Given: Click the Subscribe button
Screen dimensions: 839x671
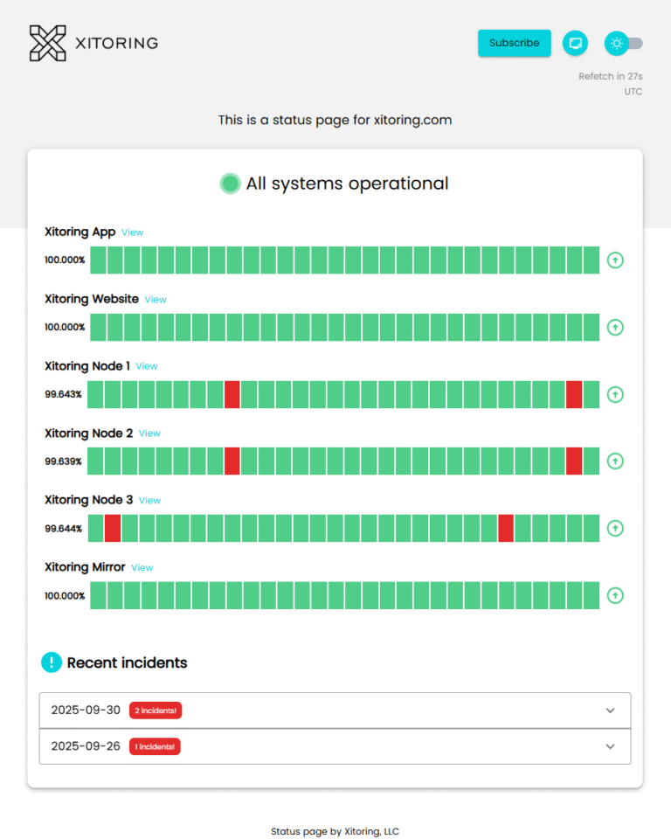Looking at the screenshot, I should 514,43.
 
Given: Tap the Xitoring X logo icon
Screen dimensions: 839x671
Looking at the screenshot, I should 47,43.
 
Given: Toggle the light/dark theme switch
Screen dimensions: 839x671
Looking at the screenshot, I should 625,43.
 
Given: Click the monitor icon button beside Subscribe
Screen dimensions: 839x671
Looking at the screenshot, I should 575,43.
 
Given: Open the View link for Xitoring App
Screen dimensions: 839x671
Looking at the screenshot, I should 132,232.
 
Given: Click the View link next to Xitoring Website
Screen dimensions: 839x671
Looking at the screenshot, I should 156,300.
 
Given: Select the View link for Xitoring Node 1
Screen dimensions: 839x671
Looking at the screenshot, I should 147,366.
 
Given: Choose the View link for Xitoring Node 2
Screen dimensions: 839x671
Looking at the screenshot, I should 149,433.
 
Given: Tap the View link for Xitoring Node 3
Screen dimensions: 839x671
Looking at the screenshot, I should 149,501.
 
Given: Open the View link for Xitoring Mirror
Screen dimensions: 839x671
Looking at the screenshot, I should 142,568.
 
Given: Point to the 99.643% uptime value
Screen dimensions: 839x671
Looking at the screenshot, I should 64,394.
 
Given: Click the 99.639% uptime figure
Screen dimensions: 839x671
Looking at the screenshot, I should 64,461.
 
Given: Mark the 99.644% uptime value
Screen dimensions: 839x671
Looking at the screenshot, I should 64,529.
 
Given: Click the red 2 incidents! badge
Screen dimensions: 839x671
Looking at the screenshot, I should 155,711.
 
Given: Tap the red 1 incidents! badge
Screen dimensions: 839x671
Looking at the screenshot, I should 155,747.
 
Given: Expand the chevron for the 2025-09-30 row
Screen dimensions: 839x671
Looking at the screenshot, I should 611,711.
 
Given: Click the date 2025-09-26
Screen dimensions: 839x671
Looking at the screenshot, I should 86,746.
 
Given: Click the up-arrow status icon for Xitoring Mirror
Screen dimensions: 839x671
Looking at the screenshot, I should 615,595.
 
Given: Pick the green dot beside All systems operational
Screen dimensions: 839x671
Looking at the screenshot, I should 230,184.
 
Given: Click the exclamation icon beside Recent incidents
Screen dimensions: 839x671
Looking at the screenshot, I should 52,662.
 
